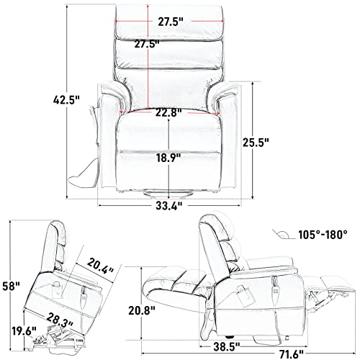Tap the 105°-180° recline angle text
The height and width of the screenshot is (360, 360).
pyautogui.click(x=324, y=234)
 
